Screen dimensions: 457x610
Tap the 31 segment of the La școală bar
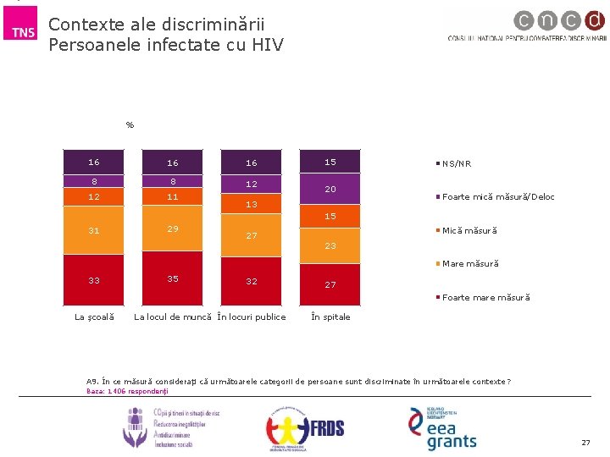[94, 231]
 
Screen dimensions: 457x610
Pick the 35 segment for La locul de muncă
[173, 279]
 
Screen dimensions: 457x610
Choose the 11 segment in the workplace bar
[173, 196]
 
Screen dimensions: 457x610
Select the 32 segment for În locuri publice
[252, 282]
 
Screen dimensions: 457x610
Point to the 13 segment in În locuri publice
[252, 204]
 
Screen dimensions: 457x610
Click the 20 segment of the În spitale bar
[330, 189]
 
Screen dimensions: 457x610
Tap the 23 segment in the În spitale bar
[330, 245]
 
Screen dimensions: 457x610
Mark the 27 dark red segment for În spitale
[330, 284]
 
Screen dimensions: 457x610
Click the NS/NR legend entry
[456, 164]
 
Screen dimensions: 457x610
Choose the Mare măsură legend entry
[469, 264]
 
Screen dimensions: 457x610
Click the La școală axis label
[94, 317]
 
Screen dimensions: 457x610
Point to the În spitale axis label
[330, 317]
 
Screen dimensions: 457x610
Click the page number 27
[585, 443]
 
